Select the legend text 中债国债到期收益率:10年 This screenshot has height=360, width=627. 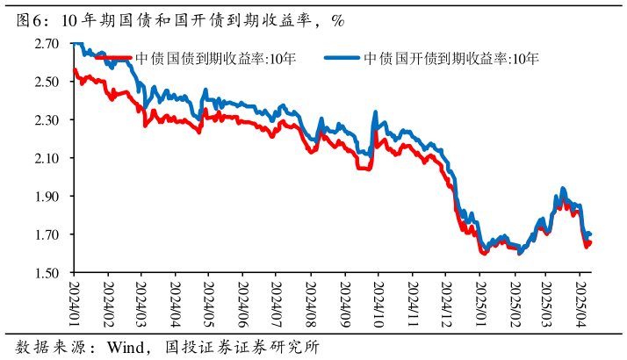214,59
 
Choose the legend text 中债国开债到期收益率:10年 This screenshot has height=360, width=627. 450,59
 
